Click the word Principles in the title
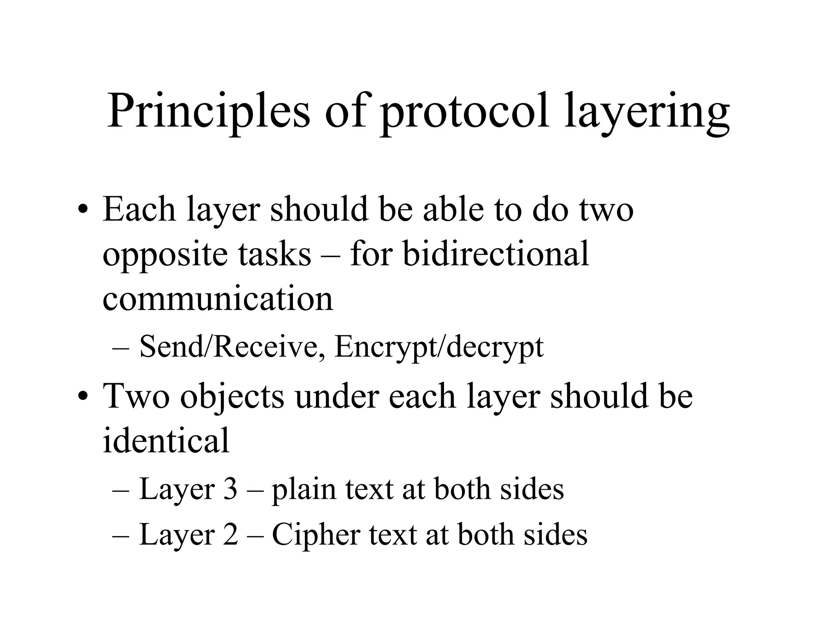[x=209, y=111]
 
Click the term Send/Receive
[x=229, y=347]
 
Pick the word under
[x=336, y=397]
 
